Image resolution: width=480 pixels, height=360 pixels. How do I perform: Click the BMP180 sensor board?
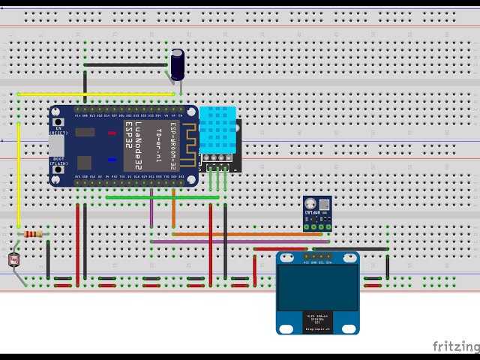(317, 212)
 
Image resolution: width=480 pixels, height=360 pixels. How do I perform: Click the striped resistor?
(33, 234)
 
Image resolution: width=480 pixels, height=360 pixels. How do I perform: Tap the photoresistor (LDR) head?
(13, 260)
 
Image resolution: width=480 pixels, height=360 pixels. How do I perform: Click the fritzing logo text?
(456, 346)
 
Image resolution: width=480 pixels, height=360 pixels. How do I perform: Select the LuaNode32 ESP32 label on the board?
(138, 146)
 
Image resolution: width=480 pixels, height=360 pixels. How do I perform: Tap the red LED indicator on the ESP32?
(112, 133)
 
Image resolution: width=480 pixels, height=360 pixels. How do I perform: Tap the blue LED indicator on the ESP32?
(112, 159)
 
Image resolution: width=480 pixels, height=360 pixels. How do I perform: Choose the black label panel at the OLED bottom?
(317, 319)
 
